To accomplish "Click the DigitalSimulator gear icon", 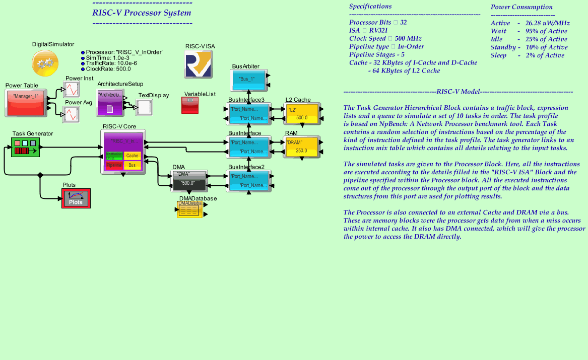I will coord(46,63).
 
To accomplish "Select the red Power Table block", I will coord(26,103).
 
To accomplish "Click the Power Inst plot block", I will coord(71,90).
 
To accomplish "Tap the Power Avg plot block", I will coord(71,114).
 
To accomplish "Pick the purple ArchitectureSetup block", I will coord(110,102).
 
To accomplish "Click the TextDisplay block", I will coord(145,107).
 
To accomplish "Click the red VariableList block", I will coord(190,105).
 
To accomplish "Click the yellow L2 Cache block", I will coord(302,114).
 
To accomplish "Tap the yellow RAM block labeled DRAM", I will coord(301,147).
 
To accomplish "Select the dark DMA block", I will coord(189,181).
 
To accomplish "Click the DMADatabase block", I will coord(190,210).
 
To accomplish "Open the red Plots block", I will coord(76,199).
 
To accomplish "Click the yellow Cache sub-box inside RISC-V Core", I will coord(132,156).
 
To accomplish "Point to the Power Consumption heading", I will coord(521,7).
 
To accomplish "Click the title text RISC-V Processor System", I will coord(142,13).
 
